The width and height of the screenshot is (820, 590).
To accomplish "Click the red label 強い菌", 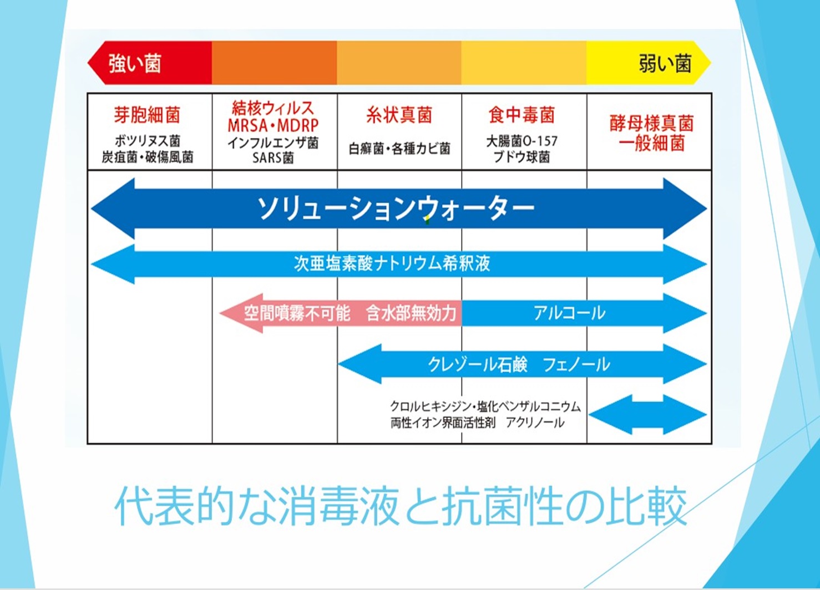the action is [135, 64].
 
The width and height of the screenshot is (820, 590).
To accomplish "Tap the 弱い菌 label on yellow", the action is [665, 63].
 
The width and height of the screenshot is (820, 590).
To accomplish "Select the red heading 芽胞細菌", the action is [147, 115].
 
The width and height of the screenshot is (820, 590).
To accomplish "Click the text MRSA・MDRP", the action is [273, 125].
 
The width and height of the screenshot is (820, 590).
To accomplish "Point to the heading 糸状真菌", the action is [399, 115].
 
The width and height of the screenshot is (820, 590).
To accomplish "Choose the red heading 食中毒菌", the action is [522, 115].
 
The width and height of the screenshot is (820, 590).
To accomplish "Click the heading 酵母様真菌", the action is [651, 124].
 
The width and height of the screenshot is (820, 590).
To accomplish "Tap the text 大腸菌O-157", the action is [522, 141].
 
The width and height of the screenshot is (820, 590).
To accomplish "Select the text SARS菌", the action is [273, 158].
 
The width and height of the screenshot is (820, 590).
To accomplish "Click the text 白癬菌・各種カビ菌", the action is [399, 149].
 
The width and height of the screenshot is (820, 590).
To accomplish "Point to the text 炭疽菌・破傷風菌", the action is [147, 157].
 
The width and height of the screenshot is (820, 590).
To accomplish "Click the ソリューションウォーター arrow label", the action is [396, 208].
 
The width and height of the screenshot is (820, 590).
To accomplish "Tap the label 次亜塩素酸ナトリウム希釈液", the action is [392, 263].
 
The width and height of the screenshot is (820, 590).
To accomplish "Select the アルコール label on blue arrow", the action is [569, 313].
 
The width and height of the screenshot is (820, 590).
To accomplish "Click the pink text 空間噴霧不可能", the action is [297, 313].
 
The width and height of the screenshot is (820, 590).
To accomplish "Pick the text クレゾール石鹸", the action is [478, 364].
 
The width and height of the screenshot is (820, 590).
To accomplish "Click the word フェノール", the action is [576, 364].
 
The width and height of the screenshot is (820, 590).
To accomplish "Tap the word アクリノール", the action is [535, 423].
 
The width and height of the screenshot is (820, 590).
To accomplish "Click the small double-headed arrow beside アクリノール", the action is [647, 414].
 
